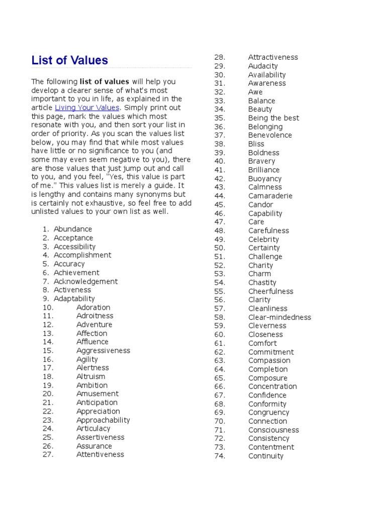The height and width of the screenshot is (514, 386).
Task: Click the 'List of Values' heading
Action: click(69, 61)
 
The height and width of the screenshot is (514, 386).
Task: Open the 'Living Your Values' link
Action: click(87, 108)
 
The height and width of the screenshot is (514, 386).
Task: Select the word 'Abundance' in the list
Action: click(73, 229)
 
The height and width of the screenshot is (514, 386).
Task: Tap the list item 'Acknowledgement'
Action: click(85, 282)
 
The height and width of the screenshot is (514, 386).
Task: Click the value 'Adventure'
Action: click(94, 325)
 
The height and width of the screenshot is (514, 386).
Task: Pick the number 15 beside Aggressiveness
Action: click(48, 351)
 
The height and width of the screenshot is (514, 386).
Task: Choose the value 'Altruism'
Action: click(91, 376)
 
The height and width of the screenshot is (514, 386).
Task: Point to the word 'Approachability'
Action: click(103, 420)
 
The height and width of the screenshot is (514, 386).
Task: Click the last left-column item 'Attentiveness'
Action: click(100, 455)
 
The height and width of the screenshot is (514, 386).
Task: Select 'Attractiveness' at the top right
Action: click(273, 57)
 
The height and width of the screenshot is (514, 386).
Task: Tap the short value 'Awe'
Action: click(255, 92)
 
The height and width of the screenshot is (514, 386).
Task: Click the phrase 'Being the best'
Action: click(273, 118)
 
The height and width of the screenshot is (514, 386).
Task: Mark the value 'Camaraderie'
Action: click(270, 196)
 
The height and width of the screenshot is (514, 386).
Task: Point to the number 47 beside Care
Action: click(220, 222)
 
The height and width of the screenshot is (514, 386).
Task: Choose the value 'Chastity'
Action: click(262, 283)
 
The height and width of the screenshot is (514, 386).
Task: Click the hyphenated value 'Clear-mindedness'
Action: click(279, 317)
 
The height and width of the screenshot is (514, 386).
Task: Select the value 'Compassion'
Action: click(269, 360)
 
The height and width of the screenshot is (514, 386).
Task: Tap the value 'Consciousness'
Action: click(273, 430)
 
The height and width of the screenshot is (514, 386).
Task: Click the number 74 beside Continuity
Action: click(220, 456)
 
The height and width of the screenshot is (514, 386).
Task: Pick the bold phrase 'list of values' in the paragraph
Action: click(104, 82)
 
